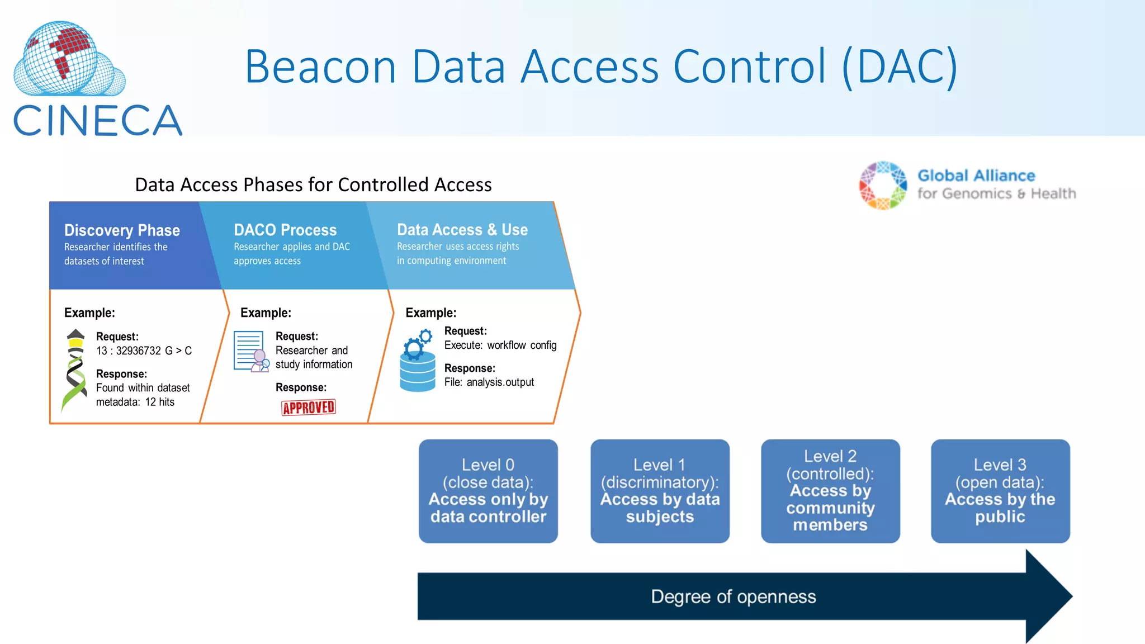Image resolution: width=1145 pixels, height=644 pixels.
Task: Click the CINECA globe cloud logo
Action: pyautogui.click(x=68, y=59)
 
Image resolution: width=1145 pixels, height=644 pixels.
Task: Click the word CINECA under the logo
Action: pyautogui.click(x=97, y=121)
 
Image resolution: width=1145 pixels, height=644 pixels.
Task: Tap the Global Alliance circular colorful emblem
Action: pyautogui.click(x=883, y=186)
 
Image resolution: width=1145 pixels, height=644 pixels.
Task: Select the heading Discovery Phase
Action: pyautogui.click(x=122, y=230)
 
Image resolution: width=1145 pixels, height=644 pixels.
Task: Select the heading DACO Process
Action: pyautogui.click(x=285, y=230)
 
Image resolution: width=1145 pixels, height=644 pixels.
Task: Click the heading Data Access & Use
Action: pyautogui.click(x=462, y=230)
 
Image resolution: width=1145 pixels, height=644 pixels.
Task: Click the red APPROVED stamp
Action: pyautogui.click(x=308, y=408)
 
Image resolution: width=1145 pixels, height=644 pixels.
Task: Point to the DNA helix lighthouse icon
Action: pyautogui.click(x=75, y=369)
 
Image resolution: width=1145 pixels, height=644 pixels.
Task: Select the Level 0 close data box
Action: pyautogui.click(x=488, y=491)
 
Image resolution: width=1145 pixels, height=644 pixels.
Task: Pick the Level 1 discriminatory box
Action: pyautogui.click(x=660, y=491)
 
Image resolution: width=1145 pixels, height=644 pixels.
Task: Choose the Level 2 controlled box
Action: pyautogui.click(x=830, y=491)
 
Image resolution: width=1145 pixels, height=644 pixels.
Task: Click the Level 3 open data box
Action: pyautogui.click(x=1000, y=491)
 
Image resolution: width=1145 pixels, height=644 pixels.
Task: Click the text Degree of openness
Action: pyautogui.click(x=733, y=596)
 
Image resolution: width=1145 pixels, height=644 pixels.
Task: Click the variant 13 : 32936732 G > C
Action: pyautogui.click(x=144, y=351)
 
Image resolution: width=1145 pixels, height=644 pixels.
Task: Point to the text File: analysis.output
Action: pyautogui.click(x=489, y=382)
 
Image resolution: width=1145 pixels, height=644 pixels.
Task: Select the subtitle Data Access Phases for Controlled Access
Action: pyautogui.click(x=313, y=184)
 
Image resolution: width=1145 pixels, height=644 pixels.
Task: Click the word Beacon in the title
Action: pyautogui.click(x=320, y=67)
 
